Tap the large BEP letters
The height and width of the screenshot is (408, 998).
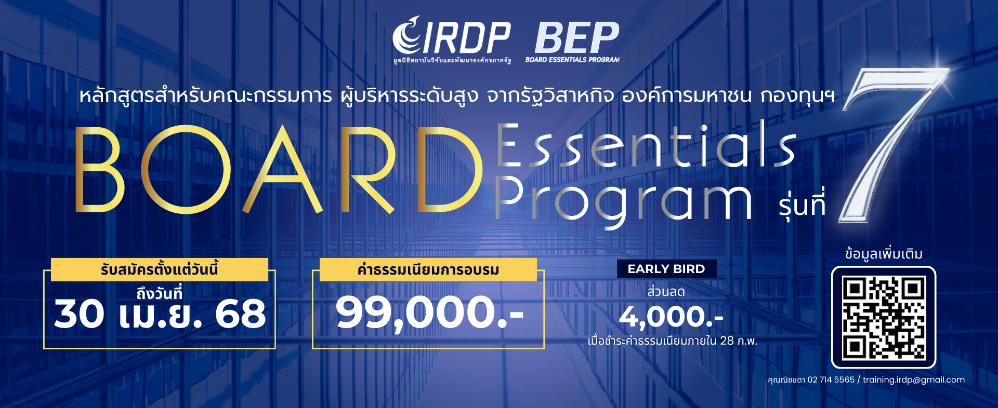(x=576, y=37)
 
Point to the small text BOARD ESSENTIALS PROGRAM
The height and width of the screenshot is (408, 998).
(x=572, y=60)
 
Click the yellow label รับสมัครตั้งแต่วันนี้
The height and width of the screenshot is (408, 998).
(x=159, y=270)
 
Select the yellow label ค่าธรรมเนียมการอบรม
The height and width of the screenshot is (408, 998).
(x=428, y=270)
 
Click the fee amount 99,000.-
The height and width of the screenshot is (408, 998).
(x=429, y=313)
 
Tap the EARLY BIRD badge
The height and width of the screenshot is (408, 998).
(x=666, y=269)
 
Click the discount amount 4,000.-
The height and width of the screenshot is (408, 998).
(x=671, y=317)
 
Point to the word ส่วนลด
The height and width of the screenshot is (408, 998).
(x=666, y=292)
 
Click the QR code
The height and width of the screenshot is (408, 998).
(x=884, y=318)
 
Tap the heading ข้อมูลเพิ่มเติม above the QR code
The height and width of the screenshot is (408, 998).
(x=884, y=254)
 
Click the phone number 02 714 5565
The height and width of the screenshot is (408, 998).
(x=831, y=380)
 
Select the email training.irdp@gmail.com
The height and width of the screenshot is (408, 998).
(x=913, y=380)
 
